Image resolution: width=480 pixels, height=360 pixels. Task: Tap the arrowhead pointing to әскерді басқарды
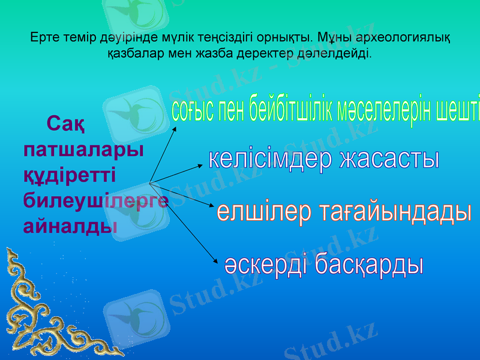(214, 260)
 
